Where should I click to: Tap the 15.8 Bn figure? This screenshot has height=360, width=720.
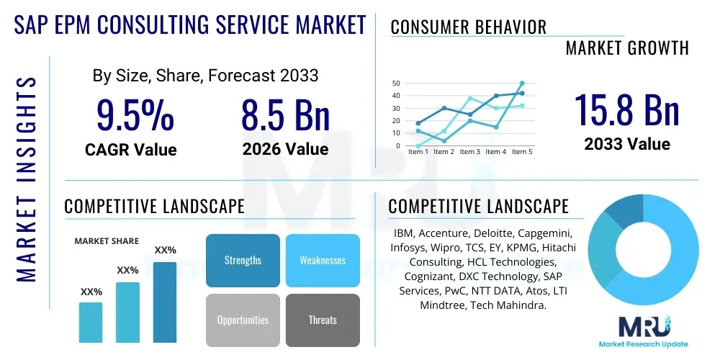(x=626, y=109)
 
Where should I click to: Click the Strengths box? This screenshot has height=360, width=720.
(x=243, y=260)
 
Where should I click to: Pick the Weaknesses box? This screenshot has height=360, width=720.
(x=322, y=260)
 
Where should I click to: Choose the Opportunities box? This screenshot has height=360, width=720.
(x=243, y=320)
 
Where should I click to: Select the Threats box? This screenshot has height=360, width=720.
(x=322, y=320)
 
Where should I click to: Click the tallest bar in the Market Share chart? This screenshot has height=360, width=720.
(x=165, y=302)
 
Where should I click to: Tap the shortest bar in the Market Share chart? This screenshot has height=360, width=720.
(x=91, y=322)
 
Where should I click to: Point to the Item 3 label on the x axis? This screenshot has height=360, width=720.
(x=469, y=152)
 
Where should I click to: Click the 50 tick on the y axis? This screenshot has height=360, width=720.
(x=395, y=84)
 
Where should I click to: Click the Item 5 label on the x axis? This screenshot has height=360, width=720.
(x=521, y=152)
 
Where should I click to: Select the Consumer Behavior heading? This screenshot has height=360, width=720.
(x=468, y=27)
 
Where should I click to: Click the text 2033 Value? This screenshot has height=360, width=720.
(x=626, y=144)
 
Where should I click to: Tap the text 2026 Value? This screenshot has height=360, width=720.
(x=285, y=149)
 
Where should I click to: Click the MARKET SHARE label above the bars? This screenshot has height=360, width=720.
(x=107, y=241)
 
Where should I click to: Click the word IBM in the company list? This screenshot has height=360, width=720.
(x=405, y=234)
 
